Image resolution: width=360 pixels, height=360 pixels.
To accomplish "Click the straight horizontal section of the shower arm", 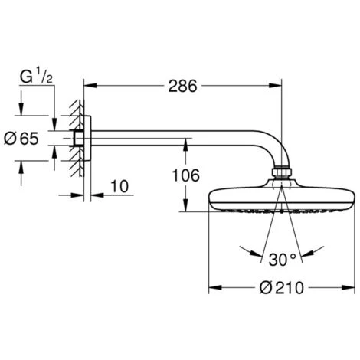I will (x=176, y=139).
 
